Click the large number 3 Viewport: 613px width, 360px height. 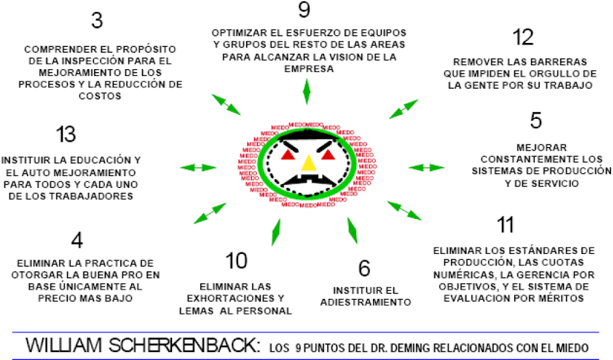click(97, 21)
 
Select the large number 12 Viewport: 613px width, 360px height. click(523, 37)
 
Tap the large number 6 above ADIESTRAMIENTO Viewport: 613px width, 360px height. click(364, 268)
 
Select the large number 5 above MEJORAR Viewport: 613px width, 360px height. click(536, 121)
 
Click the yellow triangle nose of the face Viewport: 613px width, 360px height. click(308, 163)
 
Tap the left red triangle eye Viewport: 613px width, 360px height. click(287, 156)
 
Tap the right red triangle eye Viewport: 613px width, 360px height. click(328, 156)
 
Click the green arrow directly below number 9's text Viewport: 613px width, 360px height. click(307, 90)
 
